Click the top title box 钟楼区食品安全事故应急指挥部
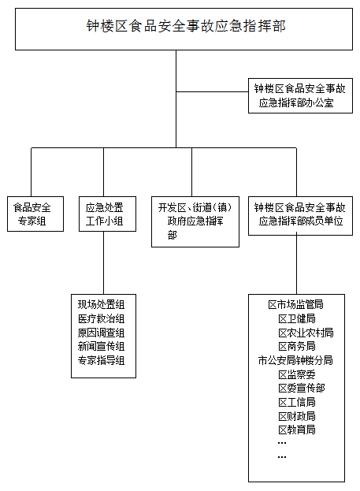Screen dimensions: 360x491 pos(184,29)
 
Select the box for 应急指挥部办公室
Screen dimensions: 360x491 pos(300,95)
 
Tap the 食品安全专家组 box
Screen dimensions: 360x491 pos(35,214)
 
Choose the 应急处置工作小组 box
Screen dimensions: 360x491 pos(107,214)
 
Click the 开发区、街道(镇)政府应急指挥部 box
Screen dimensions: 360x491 pos(195,221)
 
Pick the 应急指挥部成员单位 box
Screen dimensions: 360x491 pos(300,216)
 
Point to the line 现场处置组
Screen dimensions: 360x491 pos(101,304)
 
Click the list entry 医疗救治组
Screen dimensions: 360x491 pos(101,318)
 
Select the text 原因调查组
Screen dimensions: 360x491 pos(101,333)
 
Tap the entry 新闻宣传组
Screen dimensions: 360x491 pos(101,346)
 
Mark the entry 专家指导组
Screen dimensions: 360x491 pos(101,360)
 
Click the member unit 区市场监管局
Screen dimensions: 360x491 pos(295,304)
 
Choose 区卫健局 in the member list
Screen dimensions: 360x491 pos(297,318)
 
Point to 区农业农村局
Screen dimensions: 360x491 pos(306,333)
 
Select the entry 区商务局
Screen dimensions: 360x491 pos(297,346)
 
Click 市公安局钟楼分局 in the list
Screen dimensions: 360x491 pos(295,360)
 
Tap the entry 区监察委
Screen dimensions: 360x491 pos(297,374)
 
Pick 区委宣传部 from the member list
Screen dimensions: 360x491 pos(302,389)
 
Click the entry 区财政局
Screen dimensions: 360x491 pos(297,416)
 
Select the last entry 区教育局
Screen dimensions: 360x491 pos(297,430)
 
